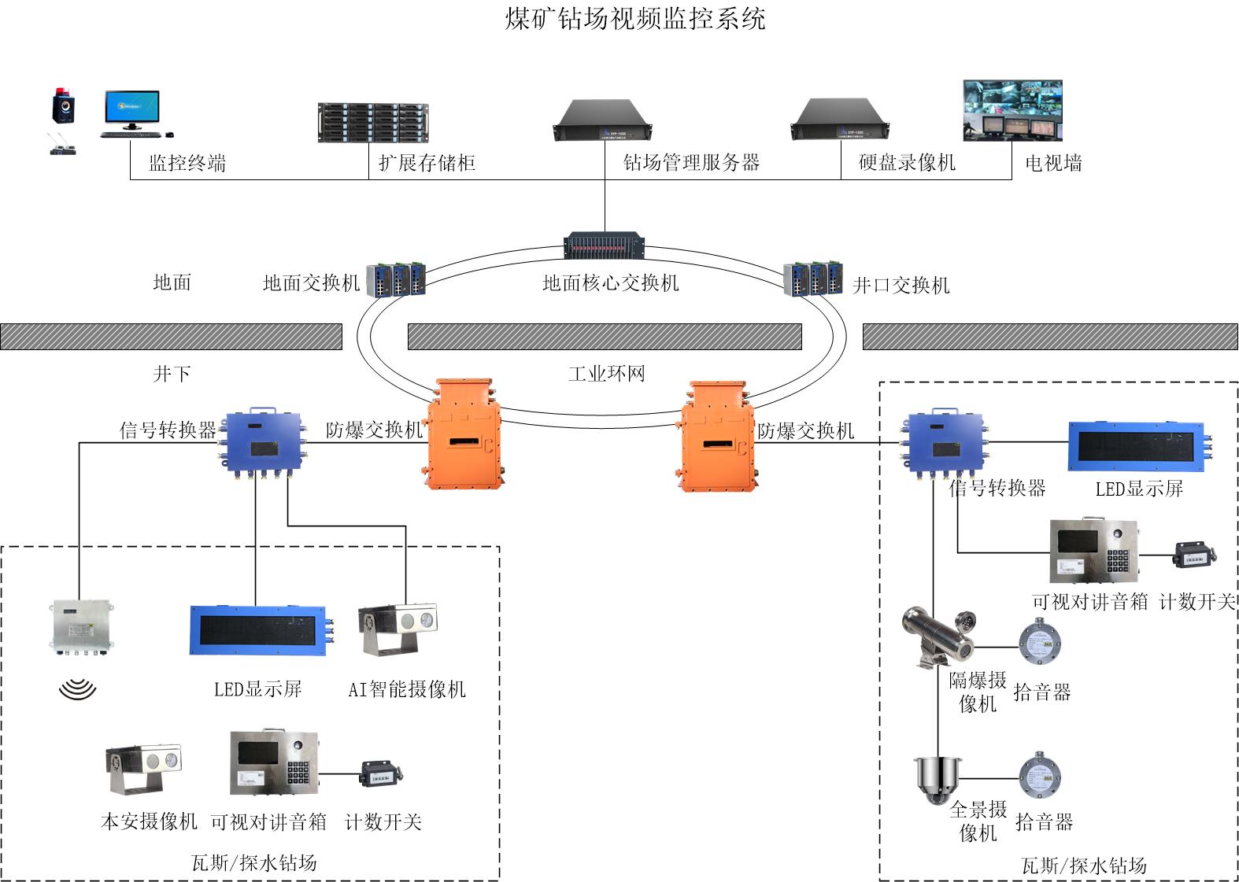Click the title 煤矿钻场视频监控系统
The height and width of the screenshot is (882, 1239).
(x=634, y=18)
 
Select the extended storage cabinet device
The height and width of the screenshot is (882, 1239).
(x=372, y=123)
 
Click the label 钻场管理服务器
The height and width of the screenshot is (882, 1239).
(x=691, y=163)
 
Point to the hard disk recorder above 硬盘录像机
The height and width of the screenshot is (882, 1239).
(x=839, y=120)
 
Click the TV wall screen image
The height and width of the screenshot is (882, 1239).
(x=1012, y=110)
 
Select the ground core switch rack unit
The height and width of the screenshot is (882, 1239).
(x=605, y=245)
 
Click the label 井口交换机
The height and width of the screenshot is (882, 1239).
(x=901, y=285)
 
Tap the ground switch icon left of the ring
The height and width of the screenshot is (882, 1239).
(x=396, y=279)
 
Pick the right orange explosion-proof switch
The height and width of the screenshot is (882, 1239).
(x=716, y=437)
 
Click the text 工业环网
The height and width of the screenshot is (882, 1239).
(x=606, y=373)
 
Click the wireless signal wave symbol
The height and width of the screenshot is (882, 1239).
(x=77, y=690)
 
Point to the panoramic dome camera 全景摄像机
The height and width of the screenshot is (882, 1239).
(x=937, y=779)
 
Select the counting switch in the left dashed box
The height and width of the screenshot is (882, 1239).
(x=382, y=773)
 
